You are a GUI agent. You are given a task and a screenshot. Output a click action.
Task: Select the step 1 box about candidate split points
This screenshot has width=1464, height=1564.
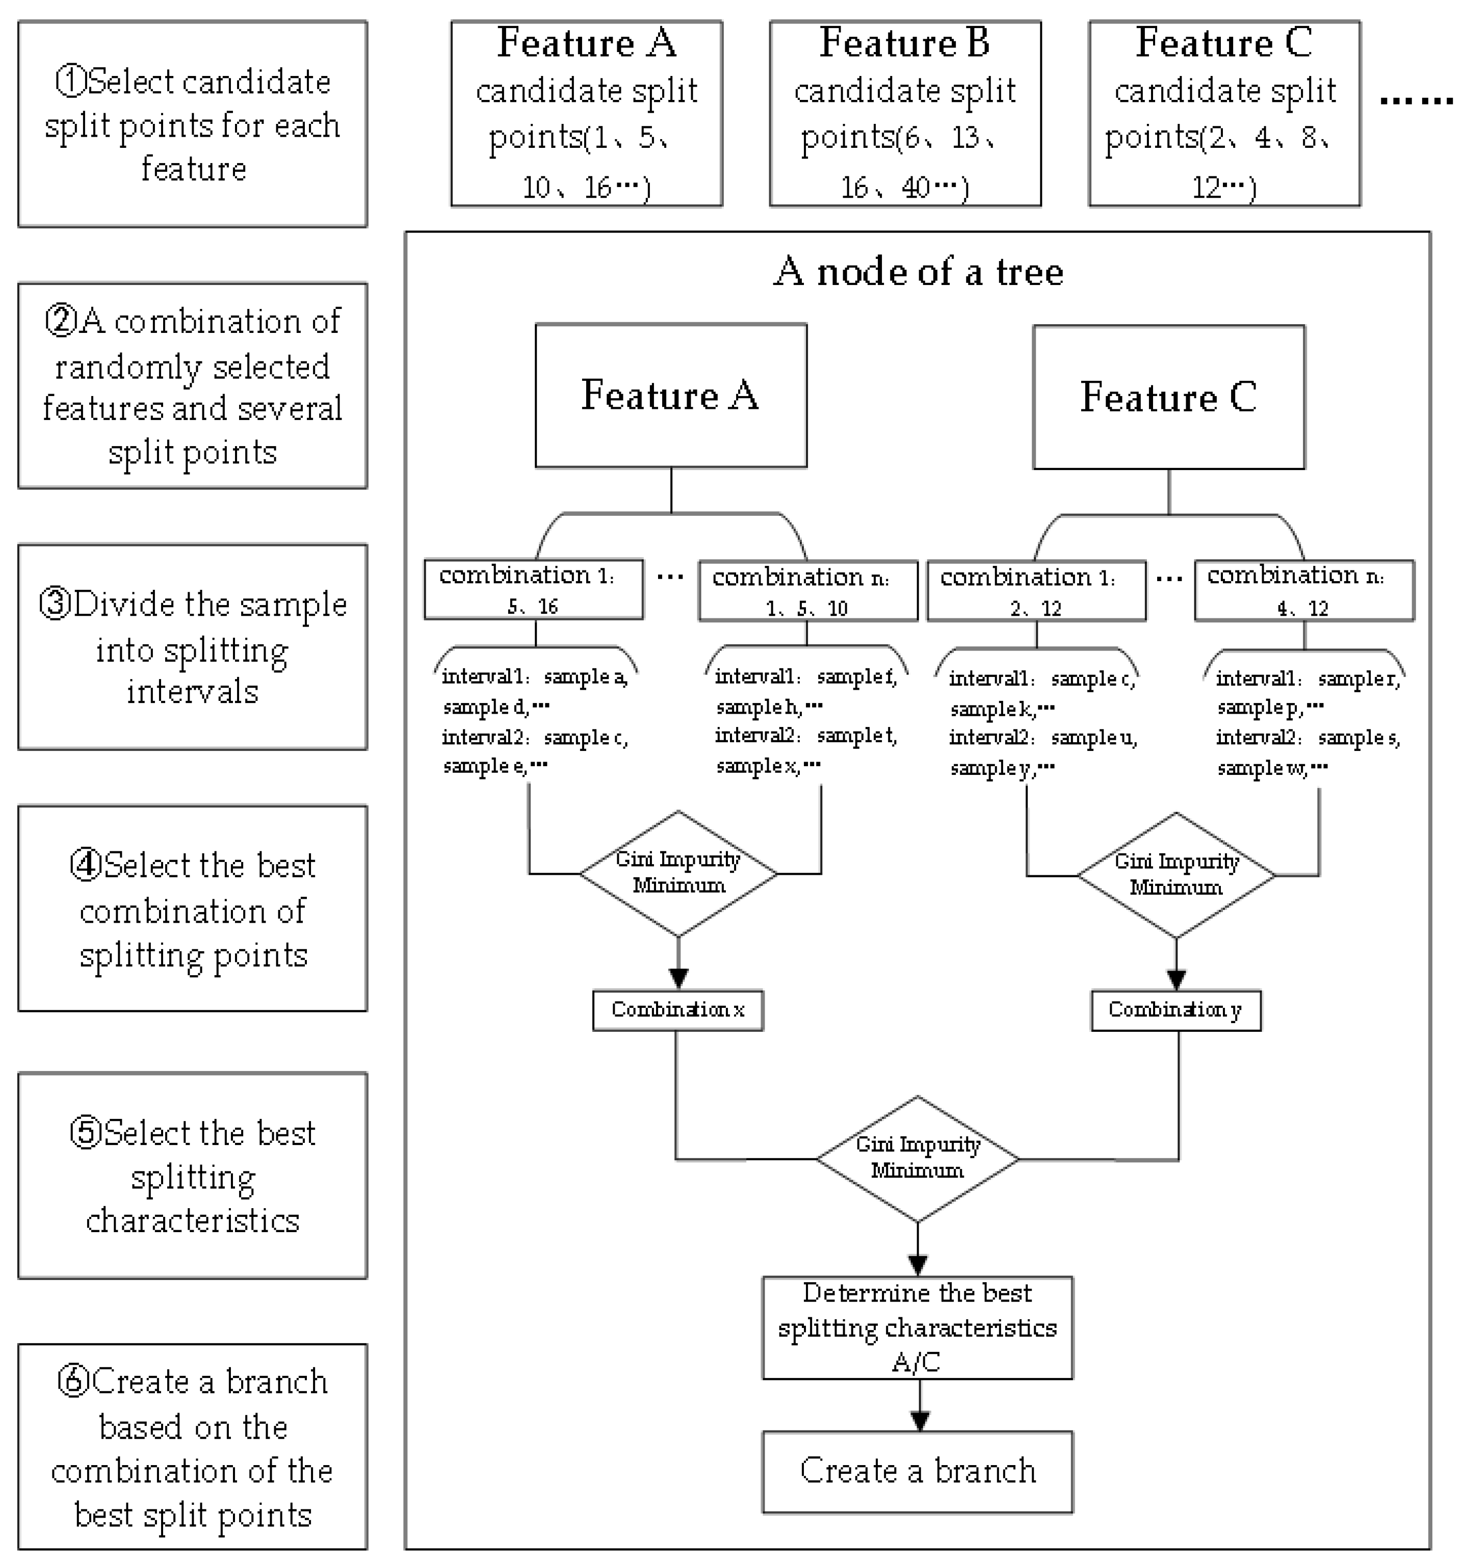(193, 124)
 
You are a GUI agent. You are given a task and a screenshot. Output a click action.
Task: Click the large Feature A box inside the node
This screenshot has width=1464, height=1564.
(670, 395)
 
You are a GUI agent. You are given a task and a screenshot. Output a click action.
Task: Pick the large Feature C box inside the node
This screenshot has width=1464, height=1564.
(1168, 397)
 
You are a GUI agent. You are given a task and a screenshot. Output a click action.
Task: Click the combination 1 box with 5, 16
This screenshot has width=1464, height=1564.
(533, 589)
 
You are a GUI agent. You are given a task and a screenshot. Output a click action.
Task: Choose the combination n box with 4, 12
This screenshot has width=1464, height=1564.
(1303, 590)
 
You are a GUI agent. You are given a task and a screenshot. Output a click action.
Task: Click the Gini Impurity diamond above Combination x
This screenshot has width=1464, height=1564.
(678, 873)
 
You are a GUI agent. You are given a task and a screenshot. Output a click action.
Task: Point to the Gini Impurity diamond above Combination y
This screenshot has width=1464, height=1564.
(1175, 875)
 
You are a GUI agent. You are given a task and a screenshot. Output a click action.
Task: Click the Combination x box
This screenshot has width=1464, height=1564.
(677, 1010)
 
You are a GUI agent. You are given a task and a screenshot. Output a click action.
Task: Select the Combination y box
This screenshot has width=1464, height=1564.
(1175, 1010)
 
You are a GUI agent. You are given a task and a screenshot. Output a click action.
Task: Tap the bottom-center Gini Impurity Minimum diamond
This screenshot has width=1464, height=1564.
(917, 1158)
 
